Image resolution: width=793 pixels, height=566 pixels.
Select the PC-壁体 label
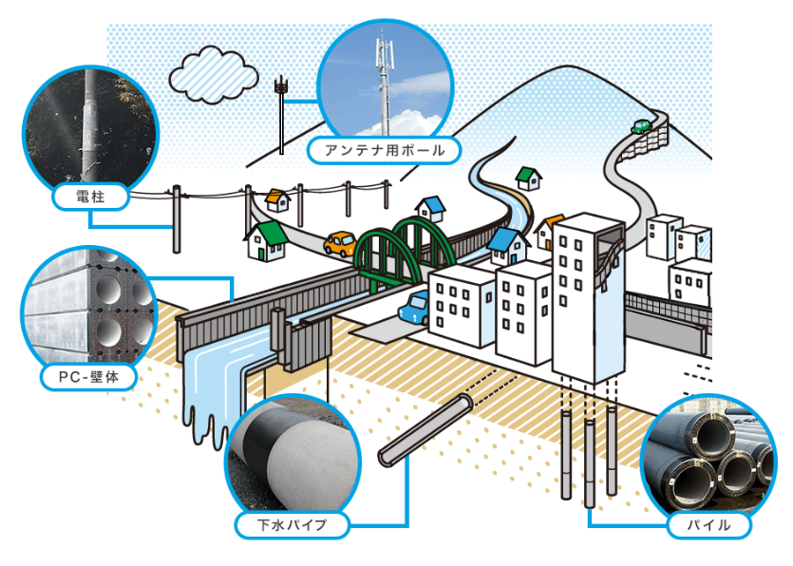pyautogui.click(x=89, y=378)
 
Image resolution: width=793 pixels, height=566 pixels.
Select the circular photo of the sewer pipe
pyautogui.click(x=292, y=455)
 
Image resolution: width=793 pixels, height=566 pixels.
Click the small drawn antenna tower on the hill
pyautogui.click(x=281, y=109)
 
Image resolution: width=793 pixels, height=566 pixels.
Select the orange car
pyautogui.click(x=340, y=244)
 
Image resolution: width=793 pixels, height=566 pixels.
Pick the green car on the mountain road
pyautogui.click(x=641, y=126)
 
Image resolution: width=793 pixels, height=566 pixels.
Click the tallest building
pyautogui.click(x=587, y=294)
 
